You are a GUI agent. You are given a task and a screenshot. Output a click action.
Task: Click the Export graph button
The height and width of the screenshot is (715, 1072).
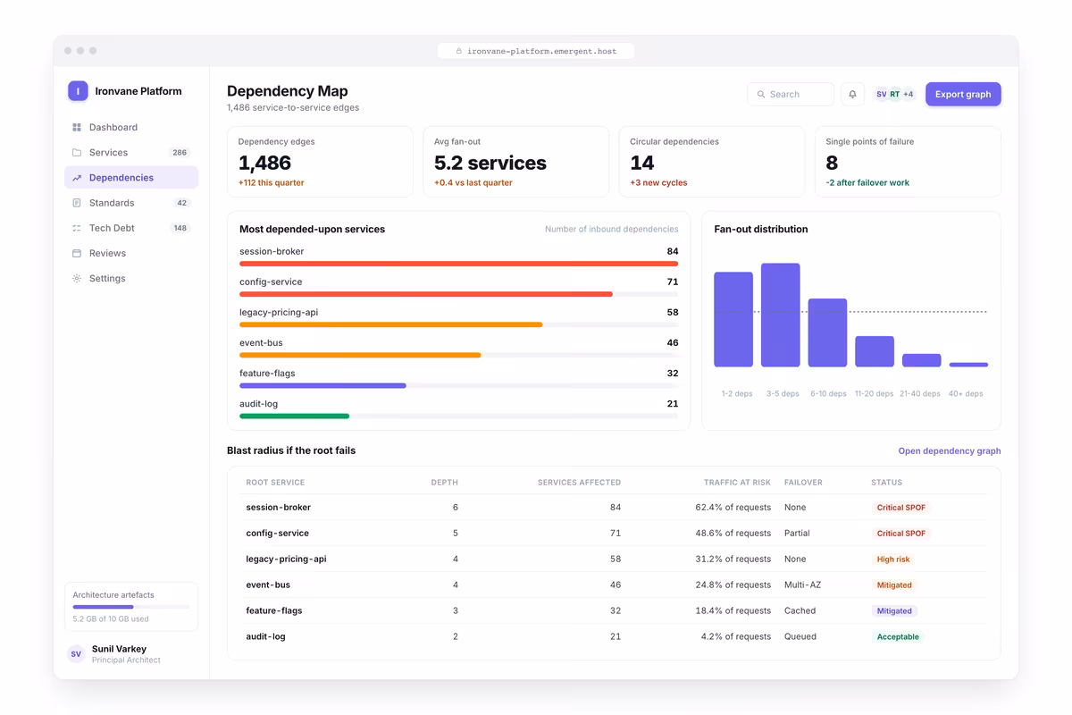963,95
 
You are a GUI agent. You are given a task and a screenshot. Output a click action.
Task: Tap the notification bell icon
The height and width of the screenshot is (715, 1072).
853,95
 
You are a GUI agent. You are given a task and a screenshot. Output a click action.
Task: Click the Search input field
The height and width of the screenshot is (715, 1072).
791,95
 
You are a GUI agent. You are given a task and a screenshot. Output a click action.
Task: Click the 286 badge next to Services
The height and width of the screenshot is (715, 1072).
180,152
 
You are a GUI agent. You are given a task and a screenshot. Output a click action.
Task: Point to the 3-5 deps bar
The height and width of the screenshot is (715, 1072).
781,315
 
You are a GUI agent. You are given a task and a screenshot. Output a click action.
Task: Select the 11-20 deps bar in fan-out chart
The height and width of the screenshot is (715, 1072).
875,351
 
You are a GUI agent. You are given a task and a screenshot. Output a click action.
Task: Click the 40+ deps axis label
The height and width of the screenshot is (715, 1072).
966,393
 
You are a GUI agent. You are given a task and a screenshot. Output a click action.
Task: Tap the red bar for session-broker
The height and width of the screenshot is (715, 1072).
458,264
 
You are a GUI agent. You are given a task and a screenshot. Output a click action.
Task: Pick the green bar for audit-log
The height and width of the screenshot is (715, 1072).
294,416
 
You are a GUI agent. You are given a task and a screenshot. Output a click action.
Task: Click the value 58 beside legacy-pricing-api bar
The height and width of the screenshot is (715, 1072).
673,312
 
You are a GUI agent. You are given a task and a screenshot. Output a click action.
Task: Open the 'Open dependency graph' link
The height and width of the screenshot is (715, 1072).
950,450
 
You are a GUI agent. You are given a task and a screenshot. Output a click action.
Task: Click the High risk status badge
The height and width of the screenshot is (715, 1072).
893,559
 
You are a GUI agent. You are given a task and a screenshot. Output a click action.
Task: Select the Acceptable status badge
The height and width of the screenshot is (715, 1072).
898,636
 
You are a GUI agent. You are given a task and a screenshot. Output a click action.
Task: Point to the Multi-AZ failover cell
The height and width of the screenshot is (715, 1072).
802,585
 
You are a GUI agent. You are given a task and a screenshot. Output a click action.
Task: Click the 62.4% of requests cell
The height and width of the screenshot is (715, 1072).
733,507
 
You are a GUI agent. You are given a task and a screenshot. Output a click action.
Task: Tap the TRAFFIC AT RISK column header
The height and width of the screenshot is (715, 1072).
737,483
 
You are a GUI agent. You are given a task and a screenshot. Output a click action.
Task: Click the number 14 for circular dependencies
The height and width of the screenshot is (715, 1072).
641,163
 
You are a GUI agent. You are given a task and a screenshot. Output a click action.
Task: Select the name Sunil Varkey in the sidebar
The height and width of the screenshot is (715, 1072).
119,649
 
